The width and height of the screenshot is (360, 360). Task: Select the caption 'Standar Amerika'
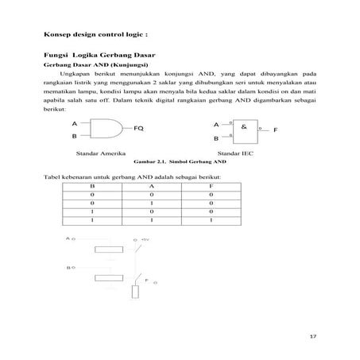click(97, 151)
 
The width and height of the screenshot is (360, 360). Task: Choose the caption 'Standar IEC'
click(236, 151)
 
